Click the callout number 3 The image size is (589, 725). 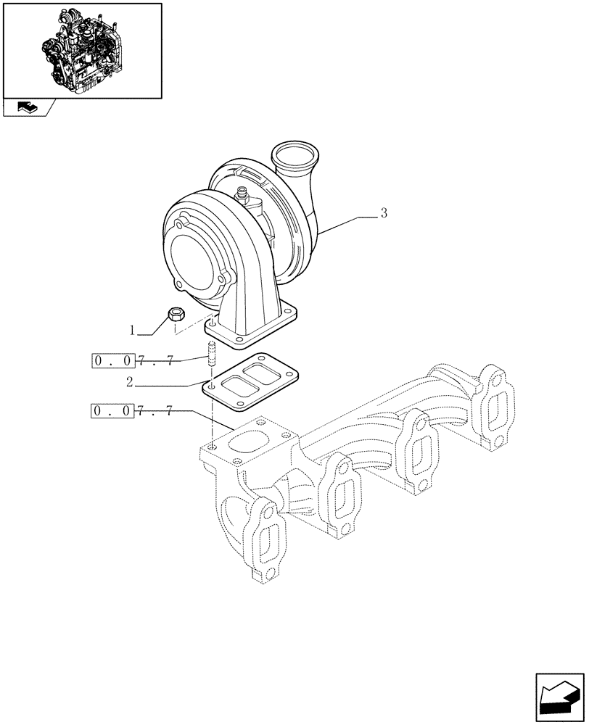pyautogui.click(x=384, y=213)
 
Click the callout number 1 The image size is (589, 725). pyautogui.click(x=133, y=331)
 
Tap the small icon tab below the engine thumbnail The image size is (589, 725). pyautogui.click(x=28, y=109)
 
